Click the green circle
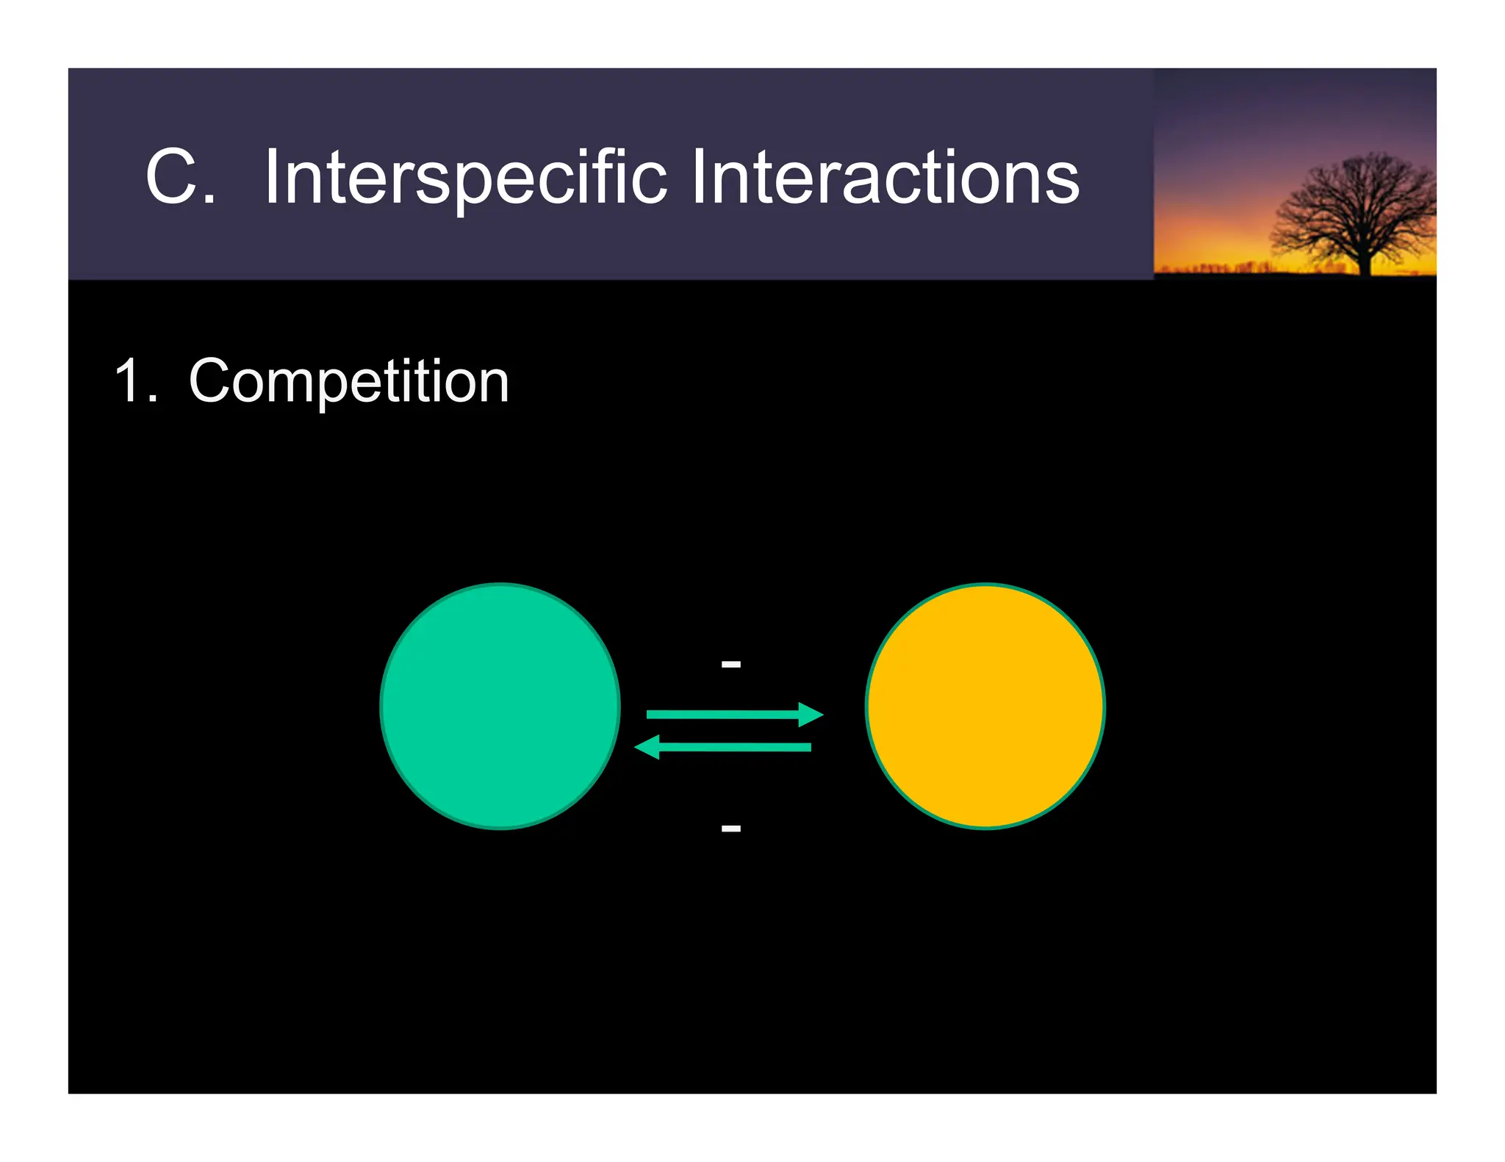pos(500,706)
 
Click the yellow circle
pos(985,706)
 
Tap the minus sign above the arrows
pos(730,664)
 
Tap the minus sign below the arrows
pos(730,829)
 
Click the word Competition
pos(348,382)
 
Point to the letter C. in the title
pos(173,178)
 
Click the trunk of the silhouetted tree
pos(1365,261)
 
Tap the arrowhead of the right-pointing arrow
pos(811,714)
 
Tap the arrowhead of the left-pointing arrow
pos(647,747)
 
